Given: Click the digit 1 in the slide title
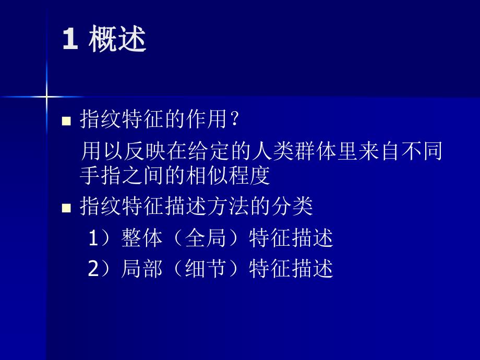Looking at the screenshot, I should [x=69, y=40].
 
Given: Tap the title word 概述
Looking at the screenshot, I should [x=117, y=40].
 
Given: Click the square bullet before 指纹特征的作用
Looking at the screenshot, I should [x=66, y=122].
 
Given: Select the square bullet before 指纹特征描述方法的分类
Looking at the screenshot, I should [x=66, y=208].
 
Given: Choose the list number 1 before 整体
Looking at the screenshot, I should [x=93, y=238].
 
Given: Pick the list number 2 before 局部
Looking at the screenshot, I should [x=93, y=269].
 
